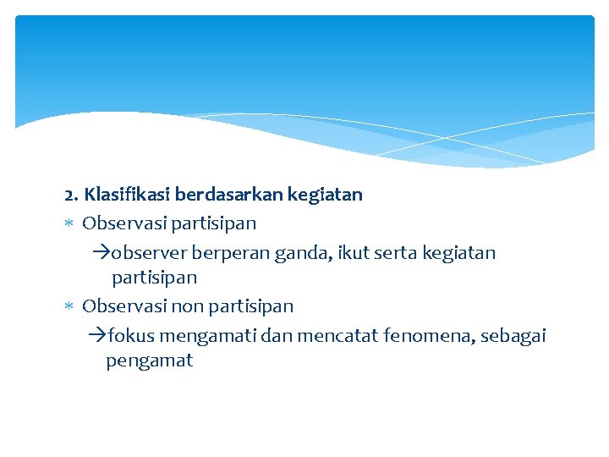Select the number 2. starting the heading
click(x=72, y=195)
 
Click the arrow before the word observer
click(x=101, y=253)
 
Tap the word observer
click(x=148, y=253)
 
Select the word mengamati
click(x=206, y=336)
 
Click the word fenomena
click(x=429, y=336)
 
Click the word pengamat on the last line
click(x=150, y=361)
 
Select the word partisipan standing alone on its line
click(x=154, y=278)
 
